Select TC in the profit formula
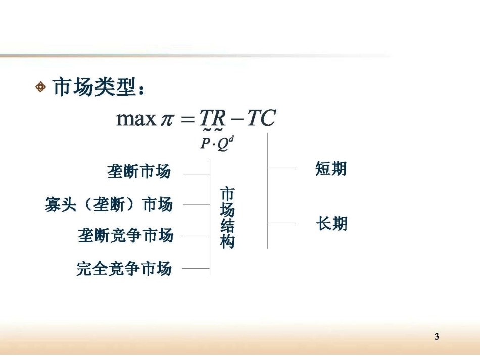[x=261, y=118]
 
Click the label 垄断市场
[x=139, y=172]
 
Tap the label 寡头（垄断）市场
[x=109, y=204]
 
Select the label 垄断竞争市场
[x=126, y=235]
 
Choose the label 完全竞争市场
[x=124, y=268]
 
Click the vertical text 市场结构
[x=227, y=218]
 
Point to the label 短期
[x=331, y=169]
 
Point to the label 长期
[x=332, y=223]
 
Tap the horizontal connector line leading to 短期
[x=281, y=168]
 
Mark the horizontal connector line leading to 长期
[x=281, y=223]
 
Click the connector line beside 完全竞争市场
[x=196, y=268]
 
